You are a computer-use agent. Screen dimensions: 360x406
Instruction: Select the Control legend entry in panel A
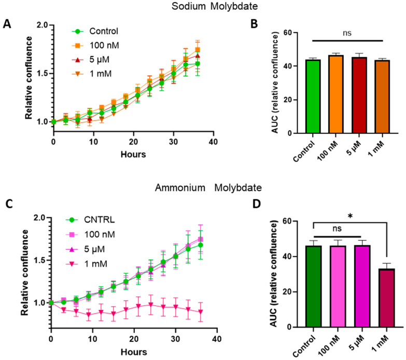point(100,30)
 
